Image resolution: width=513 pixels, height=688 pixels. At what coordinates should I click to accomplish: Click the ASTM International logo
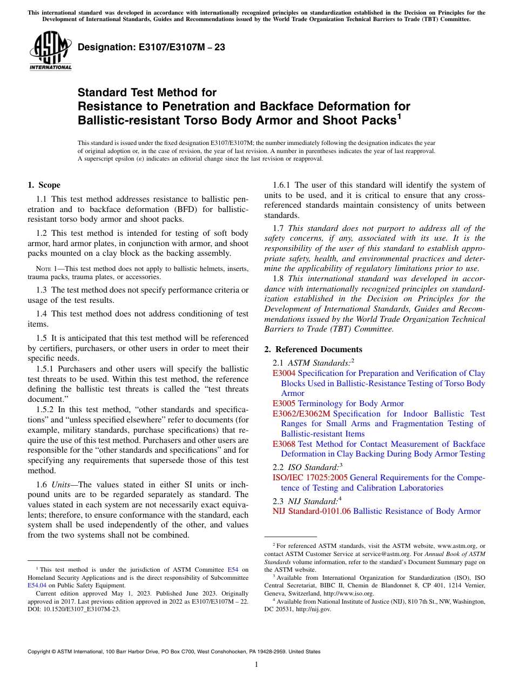[50, 51]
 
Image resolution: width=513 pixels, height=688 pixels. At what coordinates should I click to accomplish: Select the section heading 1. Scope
[44, 185]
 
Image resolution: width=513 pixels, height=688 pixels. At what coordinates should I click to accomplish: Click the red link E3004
[284, 373]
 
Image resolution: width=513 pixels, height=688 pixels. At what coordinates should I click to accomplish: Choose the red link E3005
[284, 403]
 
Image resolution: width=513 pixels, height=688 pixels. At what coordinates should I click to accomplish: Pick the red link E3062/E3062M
[301, 414]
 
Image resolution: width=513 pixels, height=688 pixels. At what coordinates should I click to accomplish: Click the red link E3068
[284, 444]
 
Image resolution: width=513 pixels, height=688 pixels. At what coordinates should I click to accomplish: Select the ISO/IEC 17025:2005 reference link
[310, 478]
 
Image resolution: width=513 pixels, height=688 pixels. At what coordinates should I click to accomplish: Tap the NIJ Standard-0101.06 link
[312, 511]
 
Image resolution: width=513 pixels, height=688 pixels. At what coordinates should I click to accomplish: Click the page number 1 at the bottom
[256, 664]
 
